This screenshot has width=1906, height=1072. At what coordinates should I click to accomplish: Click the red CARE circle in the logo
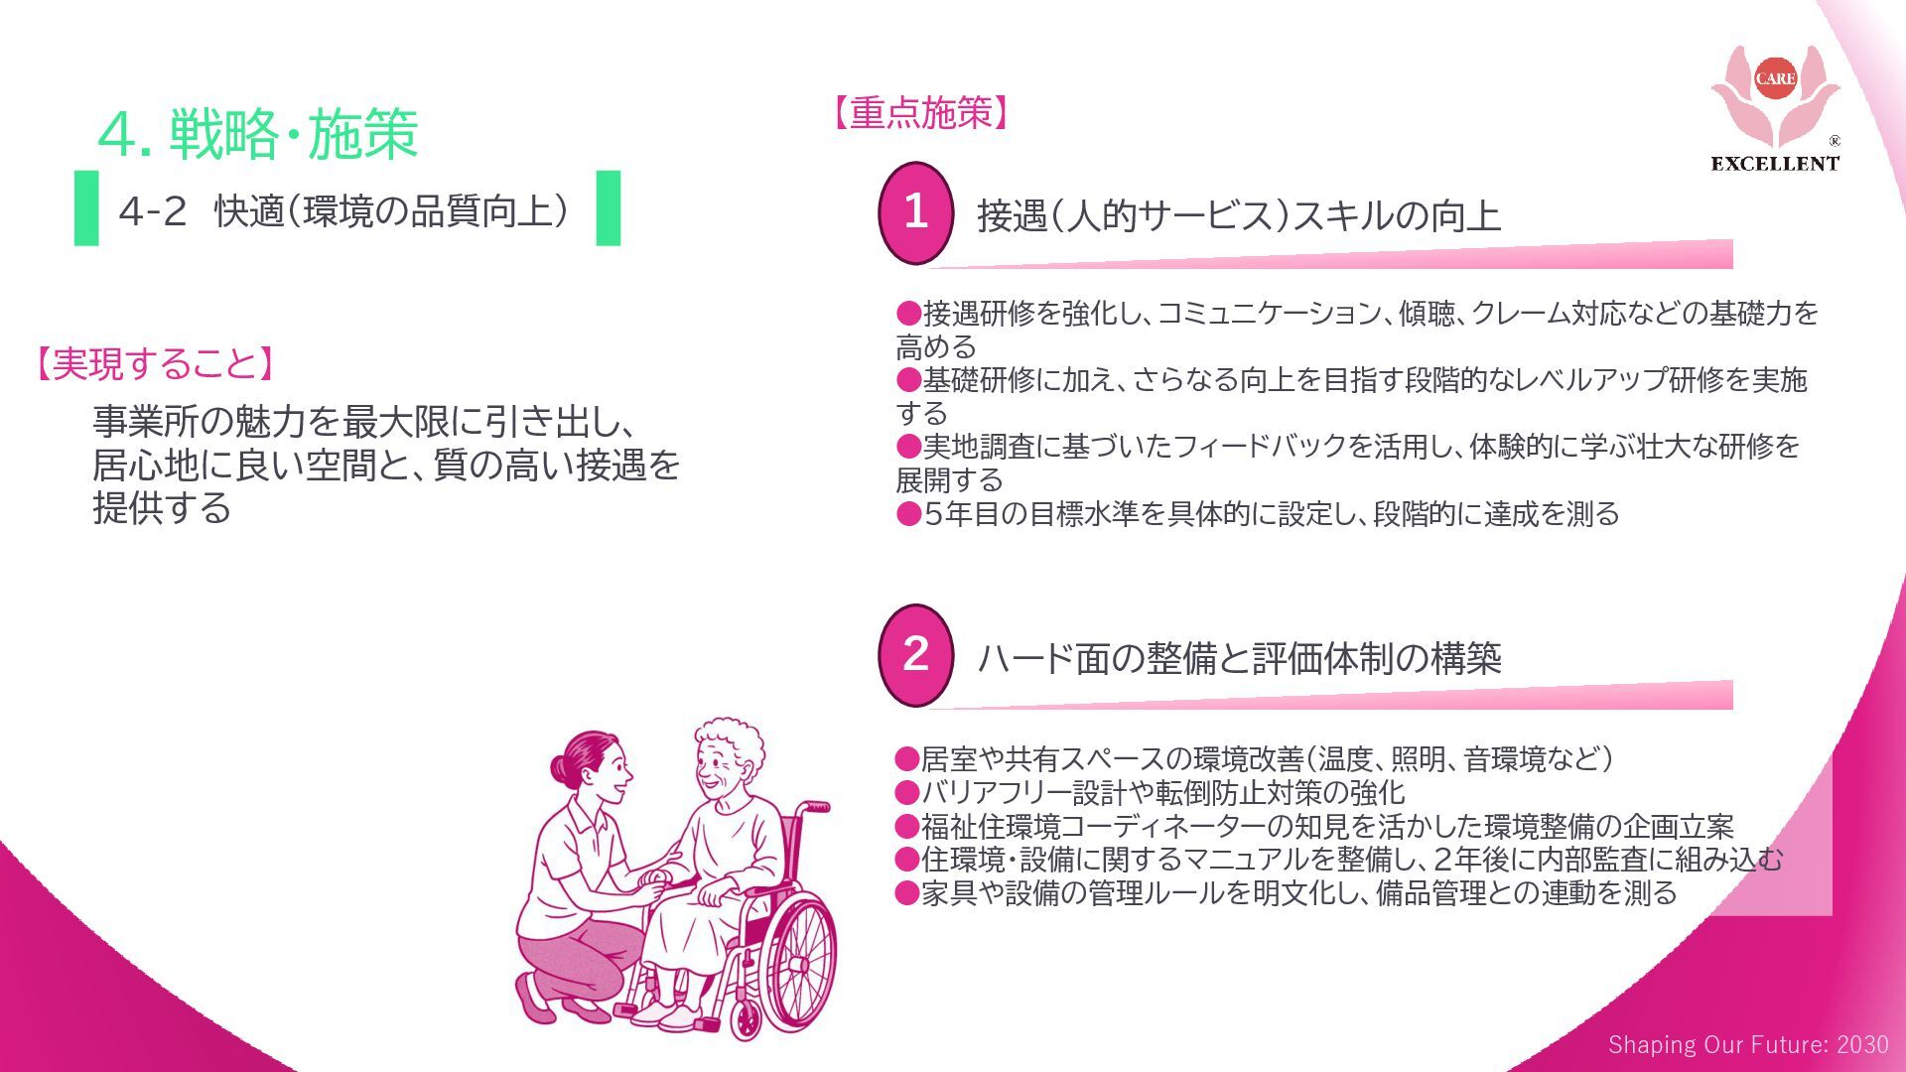tap(1775, 78)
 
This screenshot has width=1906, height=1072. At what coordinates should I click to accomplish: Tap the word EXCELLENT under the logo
tap(1775, 164)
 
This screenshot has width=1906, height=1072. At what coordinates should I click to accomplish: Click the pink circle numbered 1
tap(915, 212)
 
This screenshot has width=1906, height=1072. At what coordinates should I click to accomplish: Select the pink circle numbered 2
tap(915, 654)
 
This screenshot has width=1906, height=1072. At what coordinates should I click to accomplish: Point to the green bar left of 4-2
tap(86, 207)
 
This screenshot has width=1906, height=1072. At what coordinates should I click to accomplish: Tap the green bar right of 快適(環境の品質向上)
tap(608, 207)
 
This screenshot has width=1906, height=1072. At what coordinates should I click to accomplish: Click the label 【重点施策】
tap(921, 113)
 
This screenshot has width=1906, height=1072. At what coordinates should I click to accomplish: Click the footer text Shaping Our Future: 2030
tap(1748, 1044)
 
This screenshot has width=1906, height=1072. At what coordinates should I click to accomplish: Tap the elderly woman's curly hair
tap(730, 739)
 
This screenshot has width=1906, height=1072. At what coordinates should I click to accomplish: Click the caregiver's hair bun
tap(562, 767)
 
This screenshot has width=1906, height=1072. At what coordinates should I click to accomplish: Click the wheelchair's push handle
tap(816, 806)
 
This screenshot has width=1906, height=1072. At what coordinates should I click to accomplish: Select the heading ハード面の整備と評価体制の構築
tap(1239, 658)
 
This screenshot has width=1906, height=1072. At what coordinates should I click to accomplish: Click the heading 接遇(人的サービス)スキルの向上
tap(1238, 215)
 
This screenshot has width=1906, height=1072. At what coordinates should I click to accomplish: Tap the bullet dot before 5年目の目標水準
tap(908, 514)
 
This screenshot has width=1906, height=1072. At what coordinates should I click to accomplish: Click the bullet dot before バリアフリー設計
tap(906, 793)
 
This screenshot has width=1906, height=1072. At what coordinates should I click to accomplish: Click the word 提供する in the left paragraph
tap(162, 508)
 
